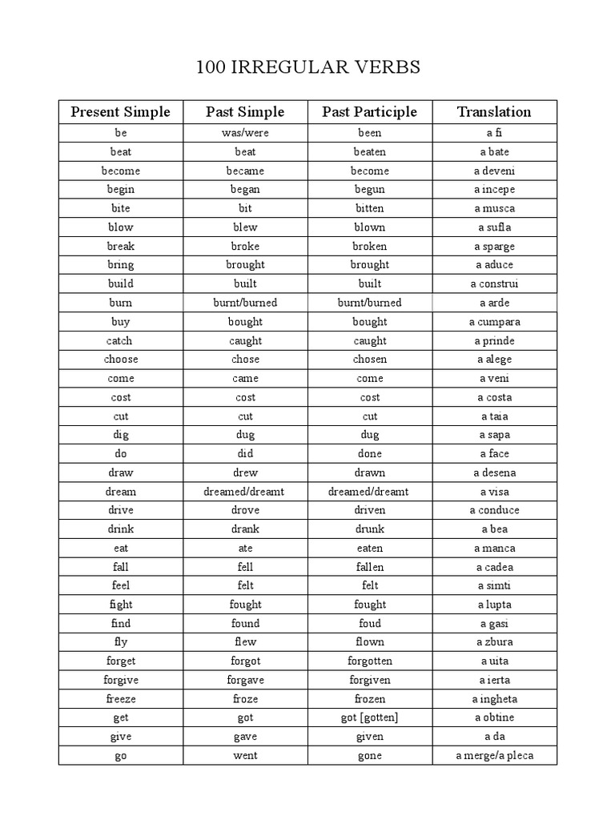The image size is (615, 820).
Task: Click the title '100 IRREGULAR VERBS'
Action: (x=307, y=67)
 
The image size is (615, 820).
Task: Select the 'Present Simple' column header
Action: (x=120, y=112)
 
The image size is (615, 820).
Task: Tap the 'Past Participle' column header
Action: (x=369, y=112)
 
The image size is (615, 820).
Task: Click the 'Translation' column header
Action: (x=494, y=112)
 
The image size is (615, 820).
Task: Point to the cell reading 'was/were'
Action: (x=245, y=133)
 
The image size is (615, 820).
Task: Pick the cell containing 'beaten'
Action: (x=369, y=151)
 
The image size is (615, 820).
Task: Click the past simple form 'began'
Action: (x=245, y=190)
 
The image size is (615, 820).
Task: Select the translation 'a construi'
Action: (x=494, y=283)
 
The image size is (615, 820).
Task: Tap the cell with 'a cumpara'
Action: (x=494, y=322)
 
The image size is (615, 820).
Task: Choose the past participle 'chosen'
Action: (x=369, y=360)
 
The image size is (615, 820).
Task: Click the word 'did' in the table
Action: (x=245, y=454)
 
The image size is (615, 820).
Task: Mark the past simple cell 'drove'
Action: (x=245, y=510)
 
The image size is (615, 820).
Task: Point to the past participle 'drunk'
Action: (x=369, y=529)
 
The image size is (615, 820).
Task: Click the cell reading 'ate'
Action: (x=245, y=549)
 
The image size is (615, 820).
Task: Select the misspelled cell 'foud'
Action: (x=369, y=624)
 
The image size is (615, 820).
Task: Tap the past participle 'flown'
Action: (x=369, y=642)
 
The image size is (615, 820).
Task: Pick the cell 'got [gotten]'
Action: (x=369, y=717)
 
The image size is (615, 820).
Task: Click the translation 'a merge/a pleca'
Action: (x=494, y=756)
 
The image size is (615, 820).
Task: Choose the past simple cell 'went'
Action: (x=245, y=756)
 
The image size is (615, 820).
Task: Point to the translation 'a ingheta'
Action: (x=494, y=699)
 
